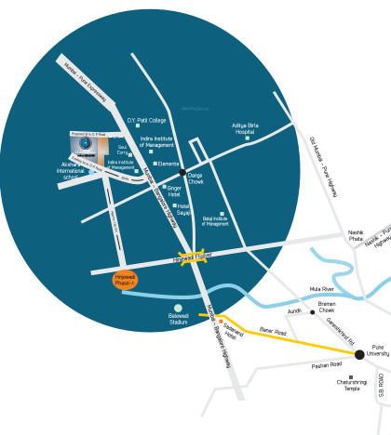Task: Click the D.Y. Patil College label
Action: tap(146, 121)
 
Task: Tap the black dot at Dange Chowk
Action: tap(182, 173)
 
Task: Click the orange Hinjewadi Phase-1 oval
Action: tap(126, 281)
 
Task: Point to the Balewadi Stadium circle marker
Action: tap(178, 309)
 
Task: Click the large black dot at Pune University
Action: tap(359, 354)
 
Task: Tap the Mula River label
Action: tap(348, 289)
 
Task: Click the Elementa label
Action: tap(169, 164)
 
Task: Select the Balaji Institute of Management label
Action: tap(215, 221)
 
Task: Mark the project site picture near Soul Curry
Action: tap(89, 145)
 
